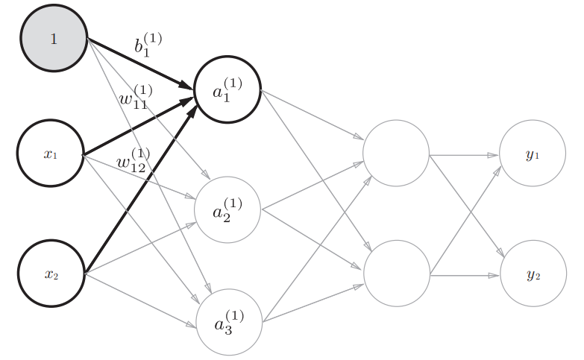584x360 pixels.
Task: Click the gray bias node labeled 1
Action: (x=54, y=38)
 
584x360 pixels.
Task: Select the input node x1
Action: (x=50, y=153)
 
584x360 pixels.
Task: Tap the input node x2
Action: (x=51, y=274)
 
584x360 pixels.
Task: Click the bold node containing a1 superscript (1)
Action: (x=227, y=89)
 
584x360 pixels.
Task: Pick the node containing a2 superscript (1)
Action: (x=227, y=209)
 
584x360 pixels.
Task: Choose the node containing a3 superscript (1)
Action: (x=229, y=322)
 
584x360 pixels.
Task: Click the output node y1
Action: (x=533, y=153)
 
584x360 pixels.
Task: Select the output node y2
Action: (x=533, y=274)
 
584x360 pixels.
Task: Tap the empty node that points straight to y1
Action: (x=396, y=153)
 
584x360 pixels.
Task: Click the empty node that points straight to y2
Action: (x=397, y=274)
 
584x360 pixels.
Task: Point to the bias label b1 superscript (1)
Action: (x=148, y=45)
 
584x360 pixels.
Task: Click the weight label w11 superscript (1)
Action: (x=136, y=97)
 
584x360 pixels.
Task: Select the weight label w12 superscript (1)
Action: (x=134, y=160)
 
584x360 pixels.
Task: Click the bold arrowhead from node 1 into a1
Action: (x=185, y=85)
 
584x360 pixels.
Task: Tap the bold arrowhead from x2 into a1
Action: (x=191, y=111)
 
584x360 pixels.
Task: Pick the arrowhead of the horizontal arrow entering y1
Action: (x=493, y=155)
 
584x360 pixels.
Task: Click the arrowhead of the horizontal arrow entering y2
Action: (x=494, y=276)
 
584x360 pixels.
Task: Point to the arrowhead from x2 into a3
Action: (x=191, y=325)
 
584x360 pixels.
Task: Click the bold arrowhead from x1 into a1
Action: (x=186, y=101)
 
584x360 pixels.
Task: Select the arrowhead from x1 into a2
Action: (x=191, y=197)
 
